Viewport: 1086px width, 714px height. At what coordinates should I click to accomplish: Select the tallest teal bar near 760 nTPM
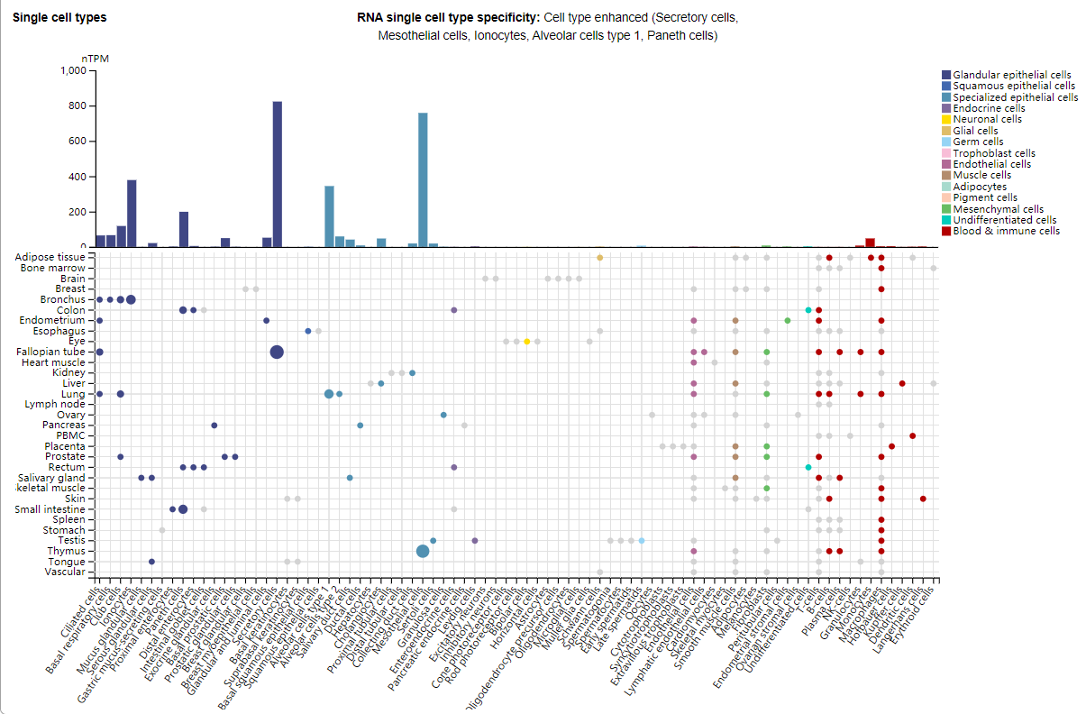(423, 179)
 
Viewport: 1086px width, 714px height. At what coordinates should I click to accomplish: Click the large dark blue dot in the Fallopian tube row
(277, 352)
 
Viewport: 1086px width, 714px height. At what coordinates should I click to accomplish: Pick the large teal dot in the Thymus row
(423, 551)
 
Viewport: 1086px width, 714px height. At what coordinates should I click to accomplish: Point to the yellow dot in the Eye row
(526, 341)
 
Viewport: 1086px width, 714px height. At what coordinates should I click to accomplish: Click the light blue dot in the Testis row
(641, 540)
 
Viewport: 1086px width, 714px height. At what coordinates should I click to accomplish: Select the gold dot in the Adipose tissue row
(599, 258)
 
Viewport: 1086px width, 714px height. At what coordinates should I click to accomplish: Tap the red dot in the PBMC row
(912, 435)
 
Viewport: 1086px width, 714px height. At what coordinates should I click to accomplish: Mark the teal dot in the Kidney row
(412, 372)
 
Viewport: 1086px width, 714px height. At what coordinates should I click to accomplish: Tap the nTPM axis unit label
(107, 59)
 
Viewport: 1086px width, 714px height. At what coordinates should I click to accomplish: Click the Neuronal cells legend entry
(987, 119)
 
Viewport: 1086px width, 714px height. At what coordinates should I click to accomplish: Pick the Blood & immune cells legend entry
(1006, 231)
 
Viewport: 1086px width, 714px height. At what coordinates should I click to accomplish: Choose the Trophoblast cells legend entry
(993, 153)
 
